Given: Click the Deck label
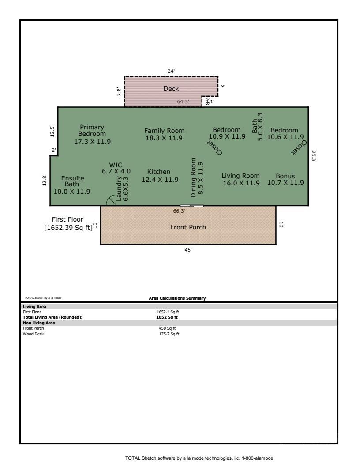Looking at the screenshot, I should click(171, 89).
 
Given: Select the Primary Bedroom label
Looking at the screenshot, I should click(92, 131).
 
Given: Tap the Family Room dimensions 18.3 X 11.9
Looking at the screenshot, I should click(164, 138).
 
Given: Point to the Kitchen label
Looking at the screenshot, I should click(158, 172).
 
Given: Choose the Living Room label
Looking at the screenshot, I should click(240, 176).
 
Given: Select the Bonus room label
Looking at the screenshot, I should click(285, 176).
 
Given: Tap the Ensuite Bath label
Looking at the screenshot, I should click(72, 181).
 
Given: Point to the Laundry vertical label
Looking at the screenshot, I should click(119, 189).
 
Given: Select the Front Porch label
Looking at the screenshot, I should click(188, 227).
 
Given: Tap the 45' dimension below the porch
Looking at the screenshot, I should click(188, 250).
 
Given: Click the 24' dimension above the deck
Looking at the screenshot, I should click(171, 71).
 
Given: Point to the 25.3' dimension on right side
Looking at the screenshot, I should click(313, 157).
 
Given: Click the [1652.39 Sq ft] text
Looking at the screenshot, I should click(68, 228).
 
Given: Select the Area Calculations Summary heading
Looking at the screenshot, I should click(177, 298).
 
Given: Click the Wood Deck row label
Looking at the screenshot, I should click(34, 334).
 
